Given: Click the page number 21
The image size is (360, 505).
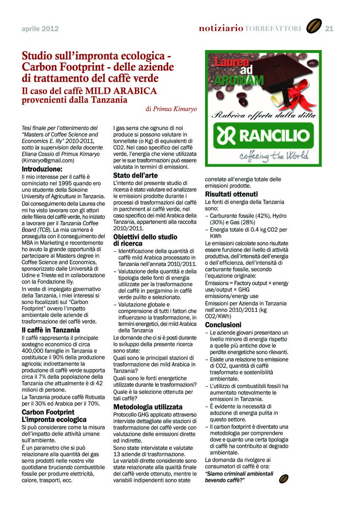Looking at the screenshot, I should click(329, 29).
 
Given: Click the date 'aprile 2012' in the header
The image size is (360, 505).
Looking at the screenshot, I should click(40, 29).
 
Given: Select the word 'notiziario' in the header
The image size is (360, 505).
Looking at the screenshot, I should click(221, 28).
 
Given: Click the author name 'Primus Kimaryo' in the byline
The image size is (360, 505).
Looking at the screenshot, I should click(175, 109).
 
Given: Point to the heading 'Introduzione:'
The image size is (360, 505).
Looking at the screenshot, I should click(42, 169).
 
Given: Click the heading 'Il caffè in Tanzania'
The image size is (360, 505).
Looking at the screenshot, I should click(51, 330).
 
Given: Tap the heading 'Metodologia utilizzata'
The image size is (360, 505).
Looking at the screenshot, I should click(148, 407).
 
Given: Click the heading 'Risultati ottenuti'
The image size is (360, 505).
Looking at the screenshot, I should click(231, 194).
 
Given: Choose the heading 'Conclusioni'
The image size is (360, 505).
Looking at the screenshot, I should click(223, 325).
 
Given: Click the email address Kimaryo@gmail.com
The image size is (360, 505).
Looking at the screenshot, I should click(48, 160).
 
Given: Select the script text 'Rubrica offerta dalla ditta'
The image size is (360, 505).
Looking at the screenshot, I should click(263, 114).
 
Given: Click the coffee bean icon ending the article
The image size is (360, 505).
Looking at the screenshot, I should click(284, 478).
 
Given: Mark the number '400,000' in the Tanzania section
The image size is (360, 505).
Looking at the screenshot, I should click(34, 351).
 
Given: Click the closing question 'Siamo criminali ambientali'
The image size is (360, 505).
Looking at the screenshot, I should click(239, 473).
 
